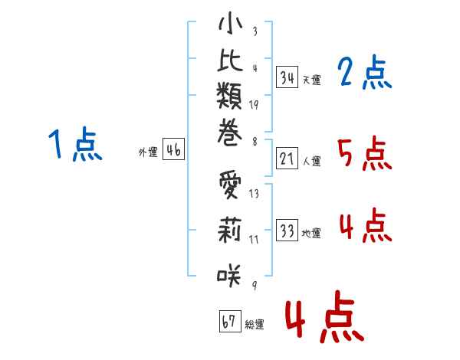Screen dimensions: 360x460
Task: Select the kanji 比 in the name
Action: tap(230, 64)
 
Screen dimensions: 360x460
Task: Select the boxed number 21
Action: tap(287, 159)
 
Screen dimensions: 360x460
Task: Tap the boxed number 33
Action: tap(287, 231)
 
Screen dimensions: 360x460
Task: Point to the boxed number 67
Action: tap(229, 322)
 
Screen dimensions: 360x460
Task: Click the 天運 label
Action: tap(311, 80)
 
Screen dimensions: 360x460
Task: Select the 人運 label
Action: tap(311, 162)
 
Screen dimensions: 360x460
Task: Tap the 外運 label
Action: tap(148, 153)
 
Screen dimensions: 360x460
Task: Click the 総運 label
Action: tap(255, 325)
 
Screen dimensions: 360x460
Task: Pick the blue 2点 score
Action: tap(364, 73)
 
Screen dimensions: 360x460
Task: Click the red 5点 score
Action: tap(364, 155)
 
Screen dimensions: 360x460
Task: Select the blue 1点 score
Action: tap(74, 146)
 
